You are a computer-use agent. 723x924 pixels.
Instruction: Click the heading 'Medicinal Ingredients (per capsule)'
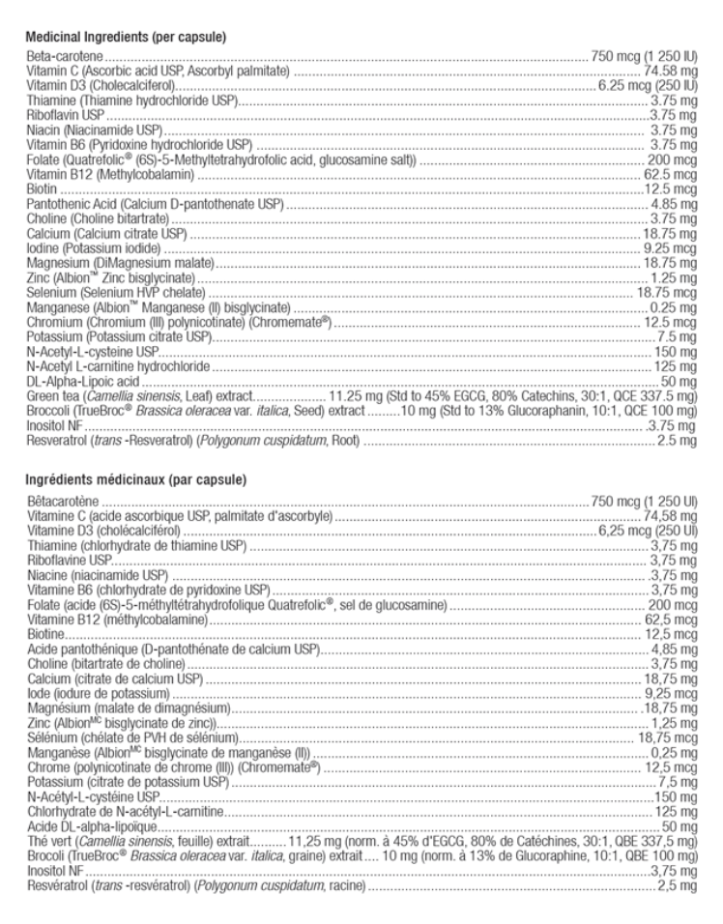126,38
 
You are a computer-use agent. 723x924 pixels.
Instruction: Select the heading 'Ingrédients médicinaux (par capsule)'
131,479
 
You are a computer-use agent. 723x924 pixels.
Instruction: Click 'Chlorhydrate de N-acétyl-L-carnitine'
125,814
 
